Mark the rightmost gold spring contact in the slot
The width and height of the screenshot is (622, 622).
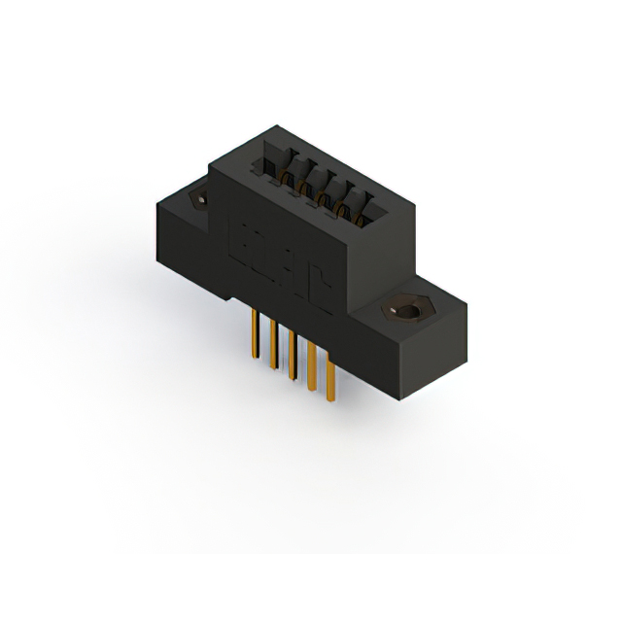(x=360, y=215)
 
